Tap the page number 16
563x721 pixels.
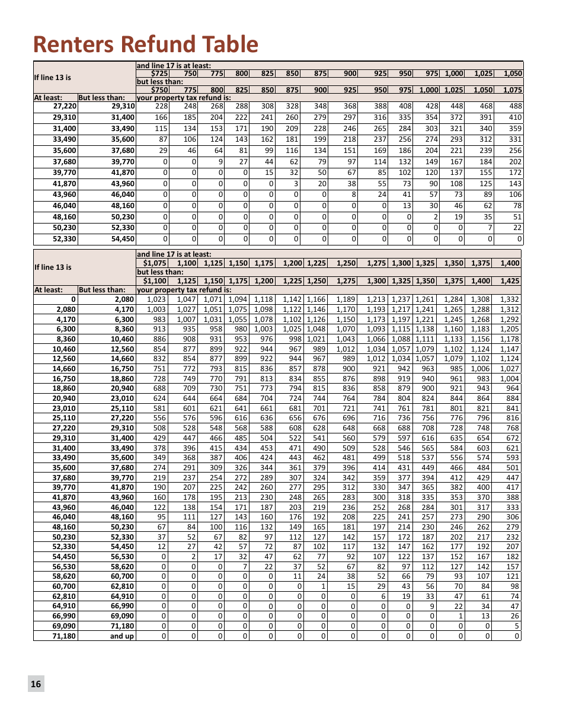click(36, 684)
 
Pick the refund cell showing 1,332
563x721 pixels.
click(510, 299)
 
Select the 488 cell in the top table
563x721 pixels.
click(515, 106)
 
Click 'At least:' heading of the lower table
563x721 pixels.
click(48, 290)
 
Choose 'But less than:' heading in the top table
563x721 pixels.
click(102, 98)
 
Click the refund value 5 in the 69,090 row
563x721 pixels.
click(517, 626)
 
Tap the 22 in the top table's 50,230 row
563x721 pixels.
click(517, 228)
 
